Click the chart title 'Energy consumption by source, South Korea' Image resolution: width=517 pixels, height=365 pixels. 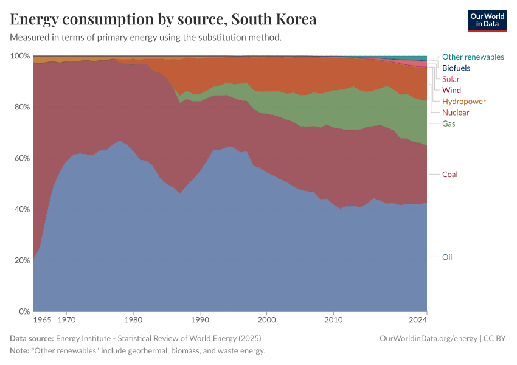point(164,19)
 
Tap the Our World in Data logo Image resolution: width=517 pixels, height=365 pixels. point(487,20)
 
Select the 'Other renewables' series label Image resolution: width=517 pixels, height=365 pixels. point(473,57)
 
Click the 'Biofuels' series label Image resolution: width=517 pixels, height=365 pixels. point(456,68)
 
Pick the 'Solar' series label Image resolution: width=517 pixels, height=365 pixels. point(451,79)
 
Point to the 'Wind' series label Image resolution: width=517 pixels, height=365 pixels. point(451,90)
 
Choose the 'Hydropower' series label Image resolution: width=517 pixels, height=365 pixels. point(463,101)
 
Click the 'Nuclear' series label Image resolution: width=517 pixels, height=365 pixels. point(456,113)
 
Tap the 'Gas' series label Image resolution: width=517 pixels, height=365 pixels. point(448,123)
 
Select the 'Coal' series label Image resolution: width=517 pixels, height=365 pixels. point(449,175)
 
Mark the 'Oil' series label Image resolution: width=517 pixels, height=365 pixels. point(447,257)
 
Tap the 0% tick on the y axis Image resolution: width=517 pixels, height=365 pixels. point(23,311)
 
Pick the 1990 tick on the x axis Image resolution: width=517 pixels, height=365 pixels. point(200,319)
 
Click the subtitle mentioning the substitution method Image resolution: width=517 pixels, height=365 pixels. point(146,38)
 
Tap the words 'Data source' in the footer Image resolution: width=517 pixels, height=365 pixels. point(32,338)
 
